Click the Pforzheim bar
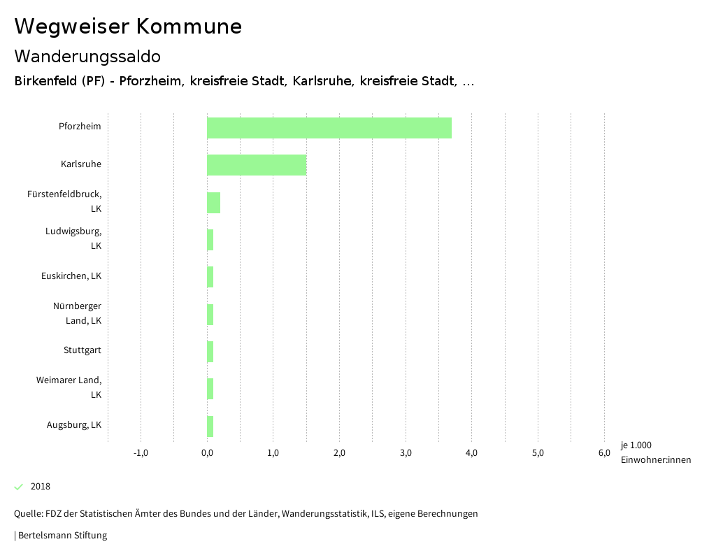tap(329, 128)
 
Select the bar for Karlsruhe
tap(257, 165)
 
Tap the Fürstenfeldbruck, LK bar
tap(213, 203)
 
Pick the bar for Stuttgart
tap(210, 352)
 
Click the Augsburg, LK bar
tap(210, 426)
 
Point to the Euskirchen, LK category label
tap(71, 276)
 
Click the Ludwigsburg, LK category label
tap(73, 238)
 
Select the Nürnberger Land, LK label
tap(77, 313)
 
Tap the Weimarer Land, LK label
tap(69, 387)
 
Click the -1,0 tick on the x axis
tap(141, 453)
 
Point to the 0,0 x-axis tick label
tap(207, 453)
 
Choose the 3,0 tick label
tap(406, 453)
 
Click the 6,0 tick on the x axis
tap(604, 453)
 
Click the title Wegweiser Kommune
tap(128, 27)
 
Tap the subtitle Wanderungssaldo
tap(87, 56)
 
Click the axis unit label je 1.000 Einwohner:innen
tap(655, 452)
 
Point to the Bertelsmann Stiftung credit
tap(62, 536)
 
